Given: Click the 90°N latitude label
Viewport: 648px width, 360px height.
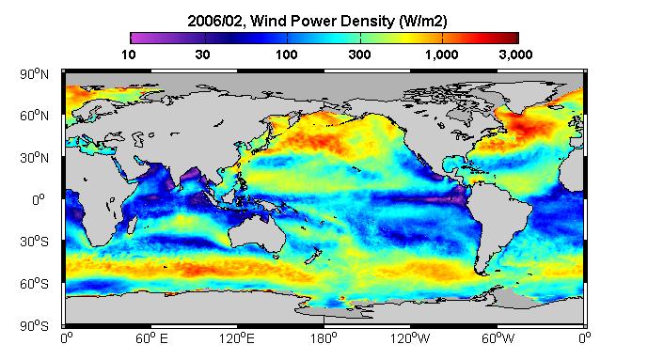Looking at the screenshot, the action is click(34, 74).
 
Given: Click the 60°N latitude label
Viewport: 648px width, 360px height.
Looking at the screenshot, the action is click(34, 116).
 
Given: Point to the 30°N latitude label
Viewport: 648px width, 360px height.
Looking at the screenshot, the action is click(34, 158).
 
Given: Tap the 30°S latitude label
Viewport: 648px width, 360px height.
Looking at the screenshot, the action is click(34, 242).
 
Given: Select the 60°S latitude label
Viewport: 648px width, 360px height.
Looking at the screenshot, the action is click(34, 284).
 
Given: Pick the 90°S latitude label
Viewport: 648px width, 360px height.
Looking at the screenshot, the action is click(34, 326).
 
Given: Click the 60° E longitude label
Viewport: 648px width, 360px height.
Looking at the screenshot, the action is click(151, 339).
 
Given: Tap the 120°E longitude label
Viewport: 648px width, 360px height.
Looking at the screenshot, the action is click(237, 339).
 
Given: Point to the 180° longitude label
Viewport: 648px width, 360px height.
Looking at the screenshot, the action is click(324, 339).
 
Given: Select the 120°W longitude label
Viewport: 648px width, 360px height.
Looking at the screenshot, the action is click(410, 339).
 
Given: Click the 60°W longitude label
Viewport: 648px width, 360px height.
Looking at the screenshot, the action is click(498, 339).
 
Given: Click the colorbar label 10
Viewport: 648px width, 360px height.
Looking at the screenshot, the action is click(129, 55).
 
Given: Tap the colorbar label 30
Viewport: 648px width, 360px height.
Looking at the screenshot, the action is click(202, 55).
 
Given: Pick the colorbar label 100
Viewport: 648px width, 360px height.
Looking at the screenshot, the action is click(287, 55).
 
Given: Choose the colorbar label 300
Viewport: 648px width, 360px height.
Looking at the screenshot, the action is click(359, 55).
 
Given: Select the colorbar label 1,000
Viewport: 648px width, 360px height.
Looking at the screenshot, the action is click(442, 55).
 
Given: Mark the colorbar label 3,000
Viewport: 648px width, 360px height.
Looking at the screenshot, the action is click(515, 55).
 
